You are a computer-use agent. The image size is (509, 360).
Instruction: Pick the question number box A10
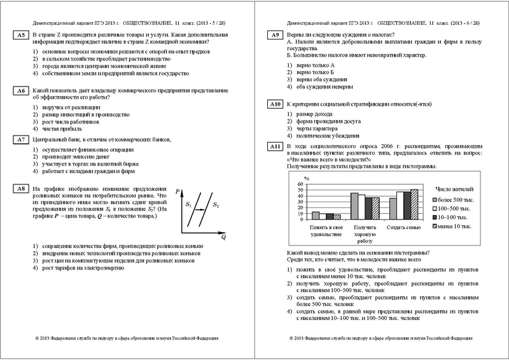(x=275, y=104)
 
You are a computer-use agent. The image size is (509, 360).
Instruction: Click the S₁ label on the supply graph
(x=188, y=205)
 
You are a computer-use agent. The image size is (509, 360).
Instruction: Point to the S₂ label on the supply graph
(x=216, y=205)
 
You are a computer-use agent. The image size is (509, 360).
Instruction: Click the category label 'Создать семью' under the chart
(x=403, y=227)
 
